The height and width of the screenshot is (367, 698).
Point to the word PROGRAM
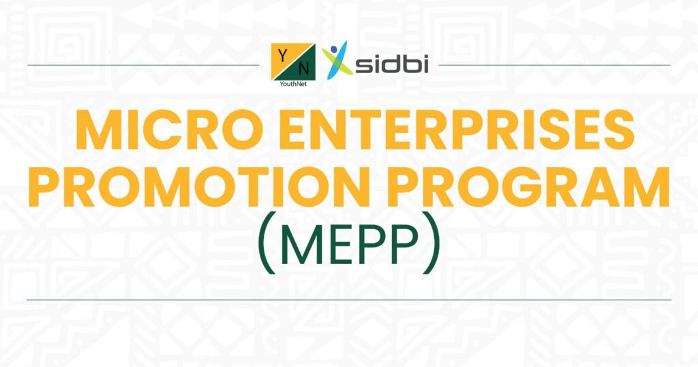pos(529,187)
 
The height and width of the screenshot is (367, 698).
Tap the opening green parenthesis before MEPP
pos(265,243)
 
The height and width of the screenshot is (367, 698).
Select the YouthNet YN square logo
pos(293,61)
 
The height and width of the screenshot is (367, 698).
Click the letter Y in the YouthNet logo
pos(282,55)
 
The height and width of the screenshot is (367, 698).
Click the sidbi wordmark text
pos(392,65)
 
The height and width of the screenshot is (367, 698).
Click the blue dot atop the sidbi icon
pos(334,49)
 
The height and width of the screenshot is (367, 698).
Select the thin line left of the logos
pos(143,65)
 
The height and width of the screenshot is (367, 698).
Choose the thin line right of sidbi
pos(555,65)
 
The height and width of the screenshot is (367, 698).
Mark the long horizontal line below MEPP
pos(348,299)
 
